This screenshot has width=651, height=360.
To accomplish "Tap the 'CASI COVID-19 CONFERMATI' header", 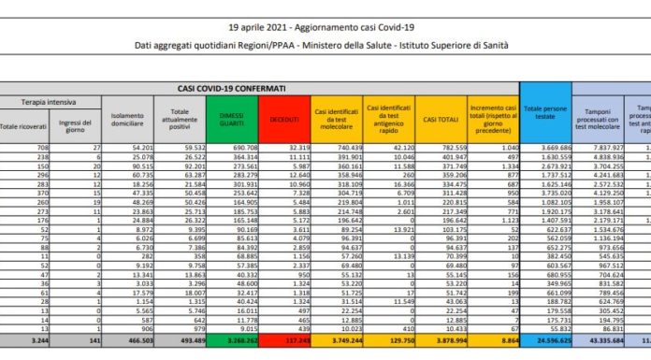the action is point(232,87).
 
